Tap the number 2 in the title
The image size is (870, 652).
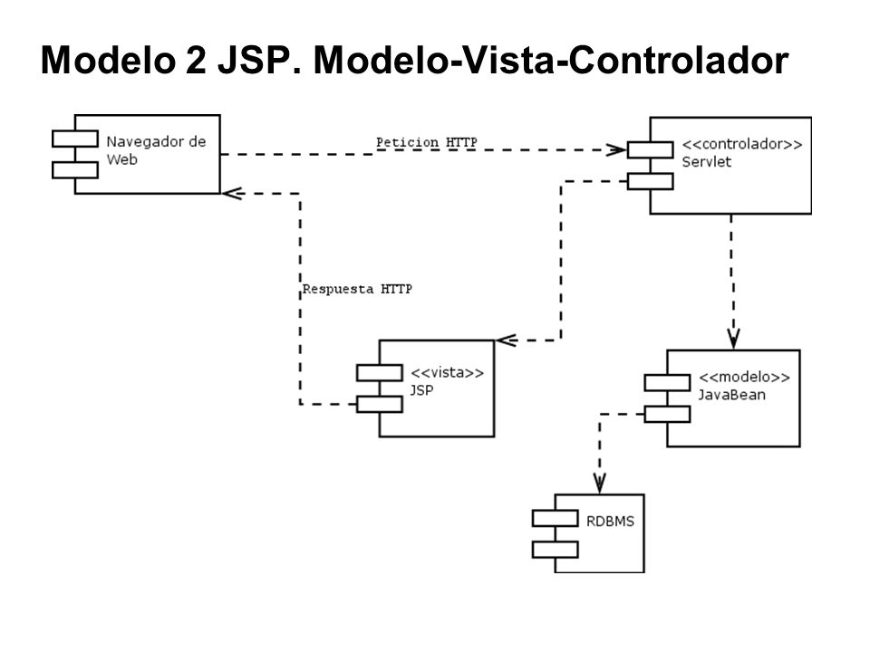[196, 60]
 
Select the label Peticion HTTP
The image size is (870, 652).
[426, 142]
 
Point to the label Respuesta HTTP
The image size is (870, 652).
[357, 289]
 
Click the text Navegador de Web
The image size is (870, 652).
[156, 150]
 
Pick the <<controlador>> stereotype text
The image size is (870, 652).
[742, 144]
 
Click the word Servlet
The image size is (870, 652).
[706, 162]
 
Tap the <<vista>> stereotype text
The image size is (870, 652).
[447, 372]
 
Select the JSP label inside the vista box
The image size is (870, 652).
[421, 390]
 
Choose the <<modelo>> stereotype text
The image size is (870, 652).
[744, 377]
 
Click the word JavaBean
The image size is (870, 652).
[731, 395]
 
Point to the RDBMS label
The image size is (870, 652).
[610, 522]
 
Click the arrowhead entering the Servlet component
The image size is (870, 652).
[617, 149]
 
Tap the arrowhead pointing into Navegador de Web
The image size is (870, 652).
[233, 194]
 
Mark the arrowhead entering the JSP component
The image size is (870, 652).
[507, 340]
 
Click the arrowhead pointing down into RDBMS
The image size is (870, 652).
[599, 484]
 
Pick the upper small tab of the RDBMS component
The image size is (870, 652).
[555, 518]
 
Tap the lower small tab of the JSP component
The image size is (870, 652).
[380, 404]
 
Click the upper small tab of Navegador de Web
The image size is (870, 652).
[75, 139]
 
